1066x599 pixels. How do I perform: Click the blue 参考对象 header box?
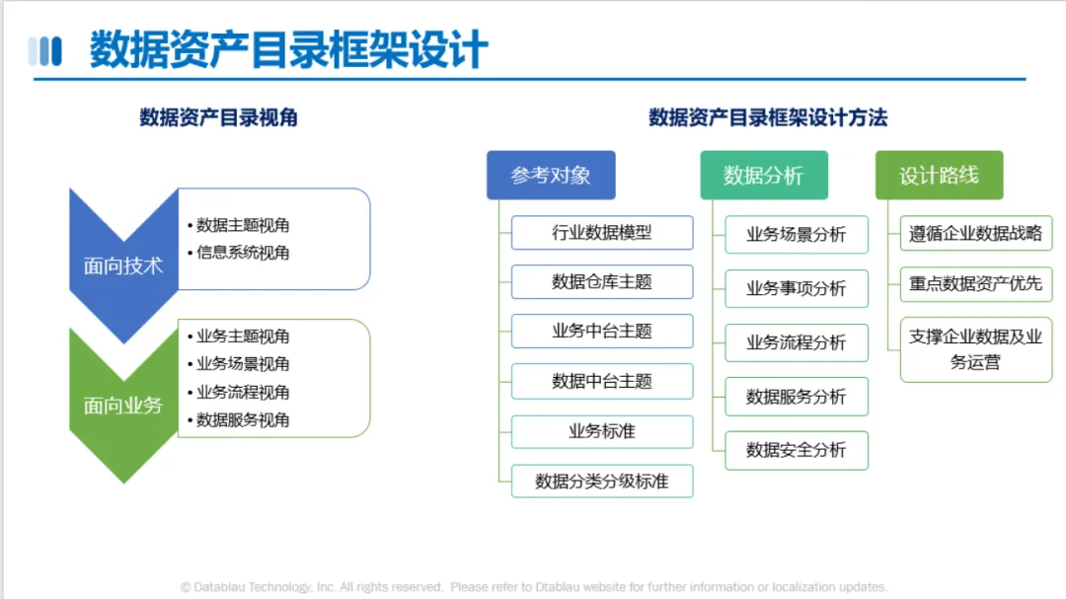pyautogui.click(x=551, y=176)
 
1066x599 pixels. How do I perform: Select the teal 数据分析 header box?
pyautogui.click(x=764, y=176)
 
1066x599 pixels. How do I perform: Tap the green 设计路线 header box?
pyautogui.click(x=939, y=176)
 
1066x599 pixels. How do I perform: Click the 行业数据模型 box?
pyautogui.click(x=602, y=233)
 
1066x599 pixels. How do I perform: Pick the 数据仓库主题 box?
pyautogui.click(x=602, y=281)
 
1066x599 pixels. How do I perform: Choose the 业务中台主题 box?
pyautogui.click(x=602, y=332)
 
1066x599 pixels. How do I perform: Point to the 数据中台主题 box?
pyautogui.click(x=602, y=382)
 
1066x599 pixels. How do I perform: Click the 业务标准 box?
pyautogui.click(x=602, y=431)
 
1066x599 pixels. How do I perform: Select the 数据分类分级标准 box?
pyautogui.click(x=602, y=482)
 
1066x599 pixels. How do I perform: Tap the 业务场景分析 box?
pyautogui.click(x=797, y=235)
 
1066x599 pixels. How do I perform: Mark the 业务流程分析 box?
pyautogui.click(x=797, y=342)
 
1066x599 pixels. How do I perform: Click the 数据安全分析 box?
pyautogui.click(x=797, y=450)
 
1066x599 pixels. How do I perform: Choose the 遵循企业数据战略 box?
pyautogui.click(x=975, y=233)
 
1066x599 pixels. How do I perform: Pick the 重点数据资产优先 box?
pyautogui.click(x=975, y=283)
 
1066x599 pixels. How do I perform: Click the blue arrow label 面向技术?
pyautogui.click(x=123, y=265)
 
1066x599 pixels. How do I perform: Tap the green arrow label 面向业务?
pyautogui.click(x=123, y=406)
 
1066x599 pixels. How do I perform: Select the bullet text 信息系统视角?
pyautogui.click(x=243, y=253)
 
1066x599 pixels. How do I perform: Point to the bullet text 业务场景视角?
pyautogui.click(x=243, y=364)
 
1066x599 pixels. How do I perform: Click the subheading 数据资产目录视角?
pyautogui.click(x=219, y=117)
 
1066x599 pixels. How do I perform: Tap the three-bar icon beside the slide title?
pyautogui.click(x=44, y=51)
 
